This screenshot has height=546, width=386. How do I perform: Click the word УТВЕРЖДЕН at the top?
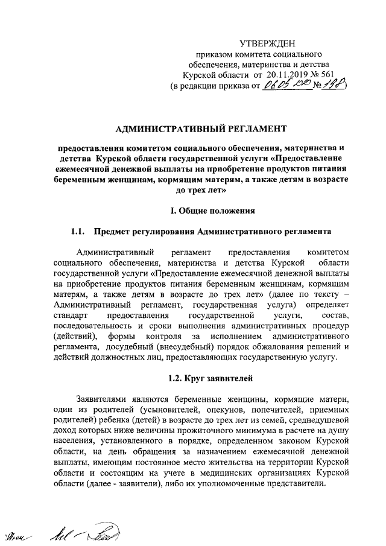click(268, 43)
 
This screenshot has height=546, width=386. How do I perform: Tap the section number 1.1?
click(78, 232)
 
